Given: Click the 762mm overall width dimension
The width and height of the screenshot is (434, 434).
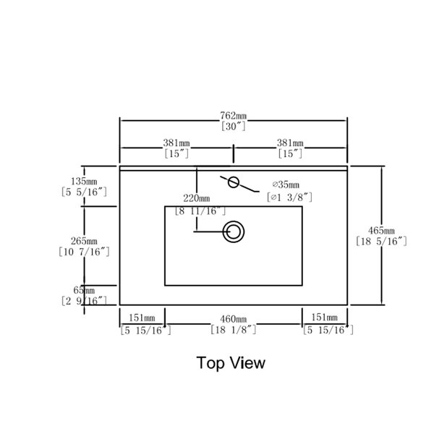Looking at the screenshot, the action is pyautogui.click(x=233, y=116).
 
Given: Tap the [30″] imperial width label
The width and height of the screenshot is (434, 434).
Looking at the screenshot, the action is pyautogui.click(x=234, y=127).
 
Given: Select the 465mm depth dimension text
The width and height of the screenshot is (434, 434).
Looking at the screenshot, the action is pyautogui.click(x=381, y=230).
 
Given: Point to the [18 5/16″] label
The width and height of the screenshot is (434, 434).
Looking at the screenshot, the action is pyautogui.click(x=381, y=242).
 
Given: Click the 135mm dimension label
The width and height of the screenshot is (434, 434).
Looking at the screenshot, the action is pyautogui.click(x=84, y=182).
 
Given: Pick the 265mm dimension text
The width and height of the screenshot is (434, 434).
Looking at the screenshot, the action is pyautogui.click(x=84, y=241).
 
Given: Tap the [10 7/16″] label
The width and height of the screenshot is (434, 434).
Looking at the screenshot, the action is pyautogui.click(x=84, y=252).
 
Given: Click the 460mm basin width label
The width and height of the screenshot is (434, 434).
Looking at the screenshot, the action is pyautogui.click(x=234, y=319).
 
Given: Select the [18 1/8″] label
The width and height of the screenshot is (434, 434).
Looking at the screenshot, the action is pyautogui.click(x=234, y=330).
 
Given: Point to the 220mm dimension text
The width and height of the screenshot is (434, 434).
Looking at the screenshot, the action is pyautogui.click(x=197, y=198).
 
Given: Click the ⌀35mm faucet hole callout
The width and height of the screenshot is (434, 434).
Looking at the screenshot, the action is pyautogui.click(x=286, y=184).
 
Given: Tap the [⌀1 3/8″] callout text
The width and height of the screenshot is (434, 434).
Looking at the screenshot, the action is pyautogui.click(x=289, y=197).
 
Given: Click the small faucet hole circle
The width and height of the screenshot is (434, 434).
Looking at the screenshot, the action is pyautogui.click(x=234, y=182).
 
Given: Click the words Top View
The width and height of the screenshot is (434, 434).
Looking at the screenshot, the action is pyautogui.click(x=231, y=363).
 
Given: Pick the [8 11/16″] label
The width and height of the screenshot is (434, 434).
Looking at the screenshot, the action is pyautogui.click(x=200, y=211).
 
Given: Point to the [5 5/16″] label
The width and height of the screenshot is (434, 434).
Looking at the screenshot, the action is pyautogui.click(x=84, y=192).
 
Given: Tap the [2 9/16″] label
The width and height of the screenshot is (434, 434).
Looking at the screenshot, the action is pyautogui.click(x=84, y=301).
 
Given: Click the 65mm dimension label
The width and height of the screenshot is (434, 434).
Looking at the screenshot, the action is pyautogui.click(x=84, y=290).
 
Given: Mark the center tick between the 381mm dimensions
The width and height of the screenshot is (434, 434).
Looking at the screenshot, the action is pyautogui.click(x=234, y=153).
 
